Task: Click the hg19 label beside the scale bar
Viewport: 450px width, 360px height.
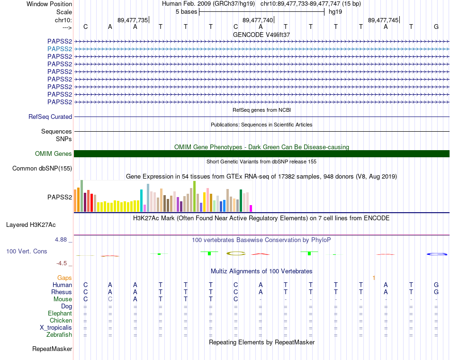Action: tap(335, 12)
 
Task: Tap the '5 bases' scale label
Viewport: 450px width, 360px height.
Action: tap(187, 12)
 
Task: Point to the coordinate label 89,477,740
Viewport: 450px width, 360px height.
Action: tap(258, 20)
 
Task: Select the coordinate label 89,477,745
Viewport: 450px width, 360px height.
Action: tap(383, 20)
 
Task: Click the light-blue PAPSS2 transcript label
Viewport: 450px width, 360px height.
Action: tap(60, 49)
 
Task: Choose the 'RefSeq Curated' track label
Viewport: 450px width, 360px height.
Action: tap(50, 117)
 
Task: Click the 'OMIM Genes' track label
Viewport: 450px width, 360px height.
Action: tap(54, 153)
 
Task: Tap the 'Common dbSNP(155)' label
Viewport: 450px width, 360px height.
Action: tap(42, 168)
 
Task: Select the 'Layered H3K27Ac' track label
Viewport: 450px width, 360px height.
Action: tap(31, 225)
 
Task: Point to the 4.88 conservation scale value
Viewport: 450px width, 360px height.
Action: tap(61, 239)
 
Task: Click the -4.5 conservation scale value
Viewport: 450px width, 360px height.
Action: tap(62, 263)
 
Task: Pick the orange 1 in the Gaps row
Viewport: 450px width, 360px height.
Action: tap(374, 278)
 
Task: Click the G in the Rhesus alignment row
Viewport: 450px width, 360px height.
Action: tap(436, 292)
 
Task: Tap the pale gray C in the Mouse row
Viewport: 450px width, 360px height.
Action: tap(110, 299)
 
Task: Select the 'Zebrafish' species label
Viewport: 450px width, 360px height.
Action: tap(59, 334)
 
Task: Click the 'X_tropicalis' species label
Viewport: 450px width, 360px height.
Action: tap(56, 328)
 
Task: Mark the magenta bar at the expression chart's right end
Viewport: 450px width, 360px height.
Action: tap(251, 208)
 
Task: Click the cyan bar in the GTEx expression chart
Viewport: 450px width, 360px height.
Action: tap(141, 201)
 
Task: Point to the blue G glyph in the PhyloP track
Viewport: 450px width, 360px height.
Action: tap(437, 254)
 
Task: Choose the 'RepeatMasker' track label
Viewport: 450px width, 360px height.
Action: tap(52, 349)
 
